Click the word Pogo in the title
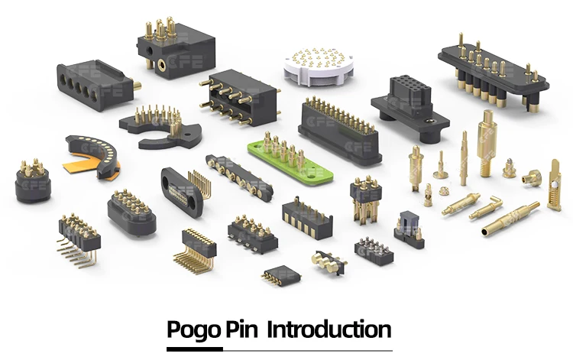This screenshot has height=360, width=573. [x=194, y=331]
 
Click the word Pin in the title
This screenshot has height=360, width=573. [x=243, y=331]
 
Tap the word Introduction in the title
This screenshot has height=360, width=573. [x=329, y=331]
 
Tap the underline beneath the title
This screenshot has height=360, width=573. [x=279, y=351]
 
